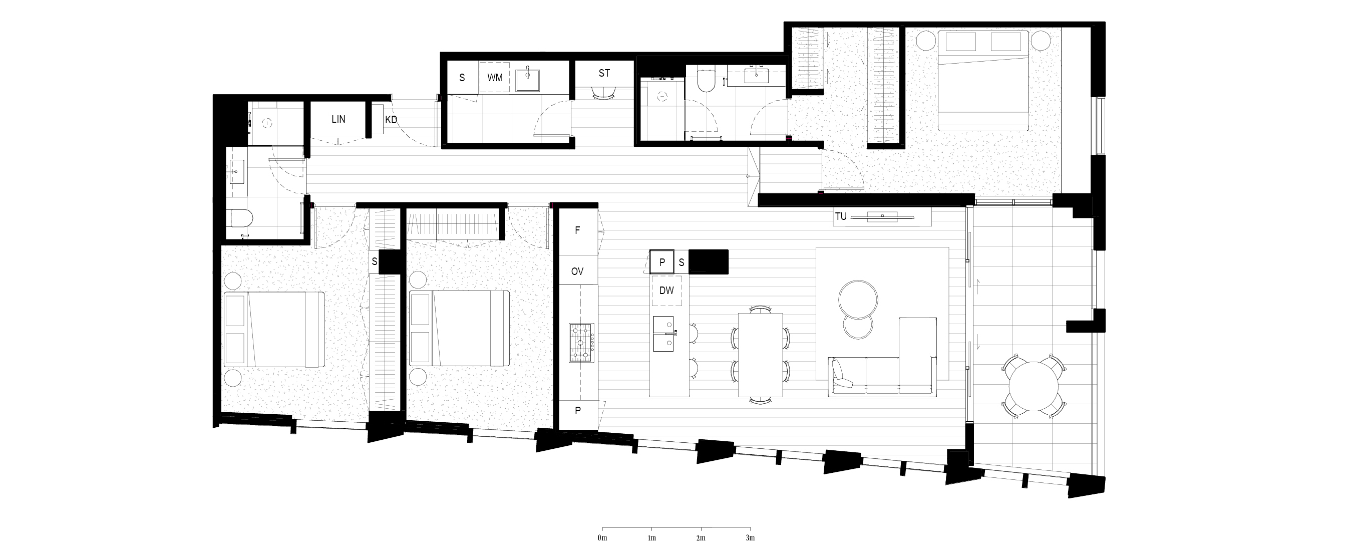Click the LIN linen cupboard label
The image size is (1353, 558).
pos(339,119)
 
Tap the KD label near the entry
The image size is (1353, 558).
pos(391,120)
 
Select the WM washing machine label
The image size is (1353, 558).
pos(495,78)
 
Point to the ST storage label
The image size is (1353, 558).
pos(604,74)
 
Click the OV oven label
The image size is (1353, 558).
pos(577,271)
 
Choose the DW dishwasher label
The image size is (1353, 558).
pos(666,290)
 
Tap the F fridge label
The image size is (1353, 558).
pos(578,230)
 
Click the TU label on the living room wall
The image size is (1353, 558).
pos(841,216)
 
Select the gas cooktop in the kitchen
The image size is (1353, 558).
pos(581,343)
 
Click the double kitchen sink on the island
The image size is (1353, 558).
pos(664,334)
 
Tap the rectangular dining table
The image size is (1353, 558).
pos(760,355)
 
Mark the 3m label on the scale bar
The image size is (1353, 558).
pos(750,538)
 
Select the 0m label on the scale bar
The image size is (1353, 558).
pos(602,538)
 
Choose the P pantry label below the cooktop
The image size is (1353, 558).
pos(578,411)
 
